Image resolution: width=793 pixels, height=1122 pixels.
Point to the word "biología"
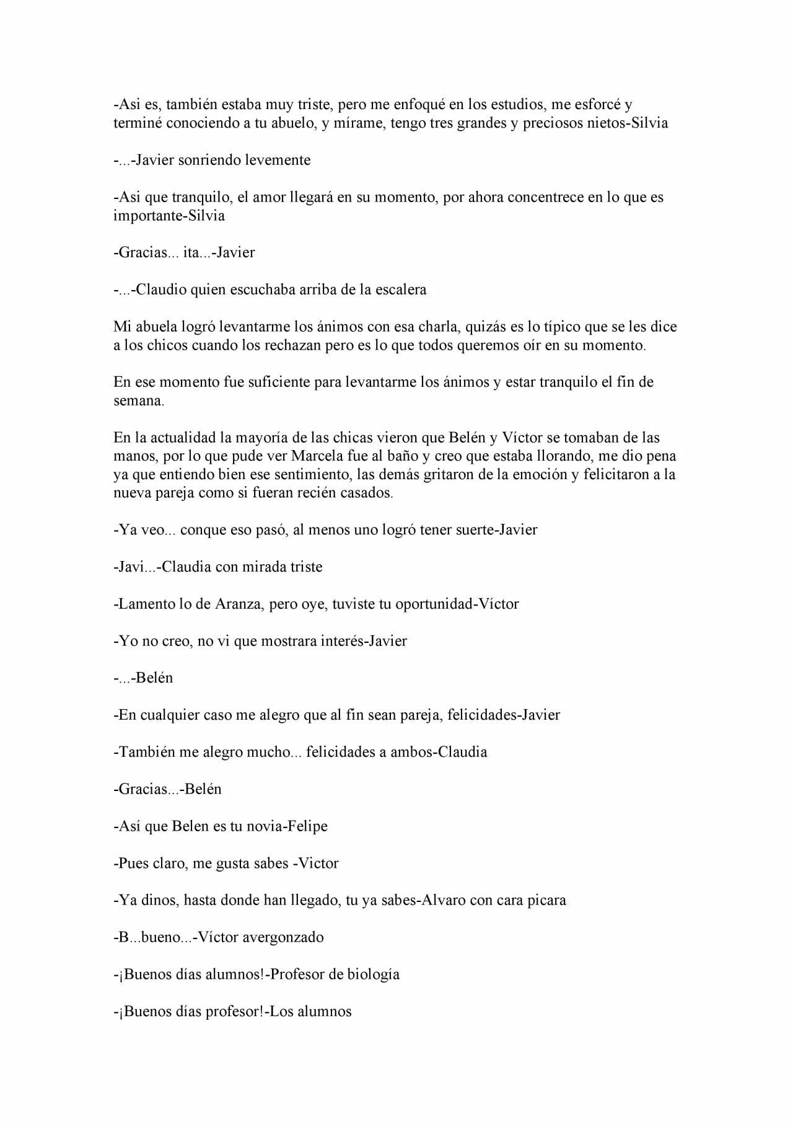click(x=374, y=974)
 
